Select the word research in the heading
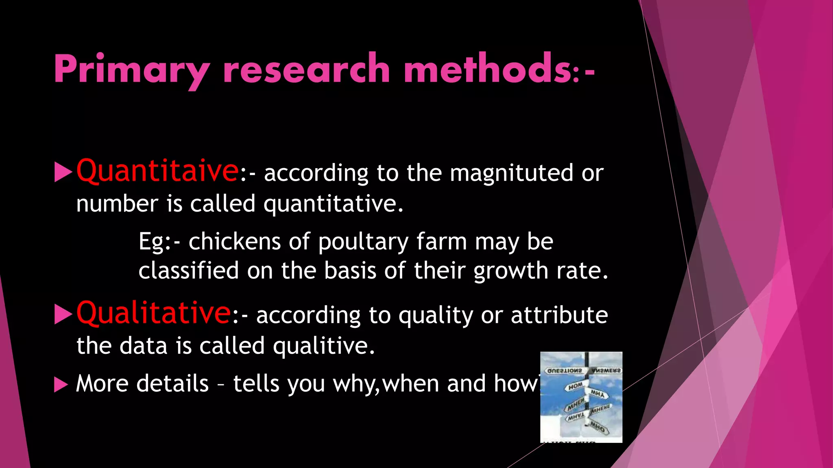point(306,69)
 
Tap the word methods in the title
point(488,69)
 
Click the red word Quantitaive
point(157,171)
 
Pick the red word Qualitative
point(154,313)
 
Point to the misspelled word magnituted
point(512,173)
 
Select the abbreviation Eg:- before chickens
point(159,242)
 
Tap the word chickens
point(234,242)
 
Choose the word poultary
point(363,243)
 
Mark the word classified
point(188,271)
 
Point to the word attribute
point(559,315)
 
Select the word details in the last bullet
point(172,383)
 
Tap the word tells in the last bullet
point(256,383)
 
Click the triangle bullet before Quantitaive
point(63,172)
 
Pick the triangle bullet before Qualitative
point(63,314)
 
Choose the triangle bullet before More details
point(61,384)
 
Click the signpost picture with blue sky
point(581,397)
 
